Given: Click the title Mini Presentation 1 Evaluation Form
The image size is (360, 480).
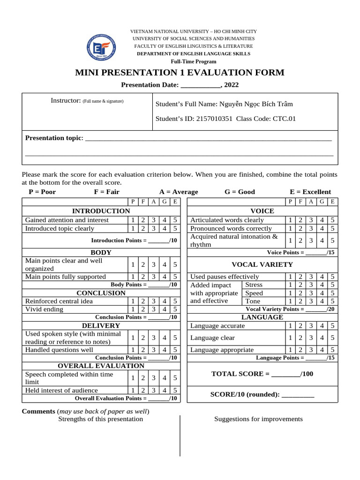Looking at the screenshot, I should click(x=180, y=73).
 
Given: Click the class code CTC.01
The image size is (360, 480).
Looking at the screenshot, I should click(x=285, y=119).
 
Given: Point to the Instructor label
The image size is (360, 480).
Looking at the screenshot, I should click(x=66, y=101).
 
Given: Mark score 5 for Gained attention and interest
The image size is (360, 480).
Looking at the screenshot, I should click(x=174, y=220).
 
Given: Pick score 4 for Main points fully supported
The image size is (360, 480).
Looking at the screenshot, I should click(x=164, y=277).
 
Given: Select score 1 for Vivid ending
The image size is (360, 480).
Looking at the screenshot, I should click(x=133, y=309).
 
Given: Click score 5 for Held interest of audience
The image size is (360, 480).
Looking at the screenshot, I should click(x=174, y=390).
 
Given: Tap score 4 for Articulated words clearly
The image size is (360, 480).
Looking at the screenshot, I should click(x=322, y=220).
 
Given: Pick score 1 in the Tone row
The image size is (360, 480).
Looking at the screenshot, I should click(x=290, y=301).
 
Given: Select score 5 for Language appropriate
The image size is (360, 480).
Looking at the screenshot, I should click(x=332, y=350).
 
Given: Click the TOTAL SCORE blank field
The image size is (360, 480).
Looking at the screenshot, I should click(x=285, y=374).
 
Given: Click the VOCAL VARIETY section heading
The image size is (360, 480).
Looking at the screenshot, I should click(x=262, y=264).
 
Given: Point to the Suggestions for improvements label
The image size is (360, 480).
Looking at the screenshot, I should click(x=258, y=419).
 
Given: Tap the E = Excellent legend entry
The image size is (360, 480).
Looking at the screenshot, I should click(x=310, y=192).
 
